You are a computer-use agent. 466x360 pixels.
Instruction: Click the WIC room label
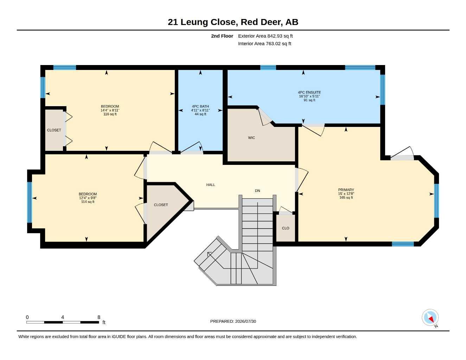251,138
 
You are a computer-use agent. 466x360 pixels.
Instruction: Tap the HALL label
211,185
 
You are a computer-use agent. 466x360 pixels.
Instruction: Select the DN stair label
257,191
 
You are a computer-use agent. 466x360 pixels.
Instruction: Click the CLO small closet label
286,228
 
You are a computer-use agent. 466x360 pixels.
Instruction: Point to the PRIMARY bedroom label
346,190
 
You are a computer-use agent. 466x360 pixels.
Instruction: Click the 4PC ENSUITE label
309,92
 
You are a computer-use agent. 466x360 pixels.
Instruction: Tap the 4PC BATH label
200,106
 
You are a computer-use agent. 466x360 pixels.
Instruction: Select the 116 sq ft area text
110,114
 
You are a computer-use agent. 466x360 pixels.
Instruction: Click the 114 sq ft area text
88,202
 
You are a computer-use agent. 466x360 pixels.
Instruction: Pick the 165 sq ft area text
346,198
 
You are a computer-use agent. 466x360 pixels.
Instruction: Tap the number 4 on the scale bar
63,317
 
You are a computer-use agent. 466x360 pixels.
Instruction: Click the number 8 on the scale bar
98,317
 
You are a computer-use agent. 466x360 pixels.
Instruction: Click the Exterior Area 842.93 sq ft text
265,36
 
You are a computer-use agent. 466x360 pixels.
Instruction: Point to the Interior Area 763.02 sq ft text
264,44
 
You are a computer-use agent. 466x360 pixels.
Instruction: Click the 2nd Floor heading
222,36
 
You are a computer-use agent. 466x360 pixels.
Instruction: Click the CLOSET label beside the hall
161,205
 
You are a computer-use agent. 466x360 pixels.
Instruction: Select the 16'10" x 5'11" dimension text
309,96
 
